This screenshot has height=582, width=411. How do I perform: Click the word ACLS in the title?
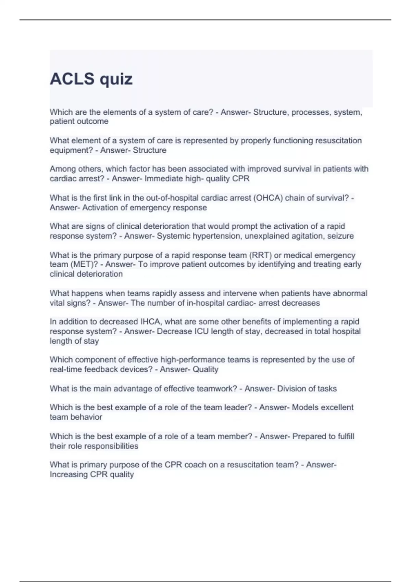pos(72,79)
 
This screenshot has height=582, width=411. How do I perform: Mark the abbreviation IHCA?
pos(150,322)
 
